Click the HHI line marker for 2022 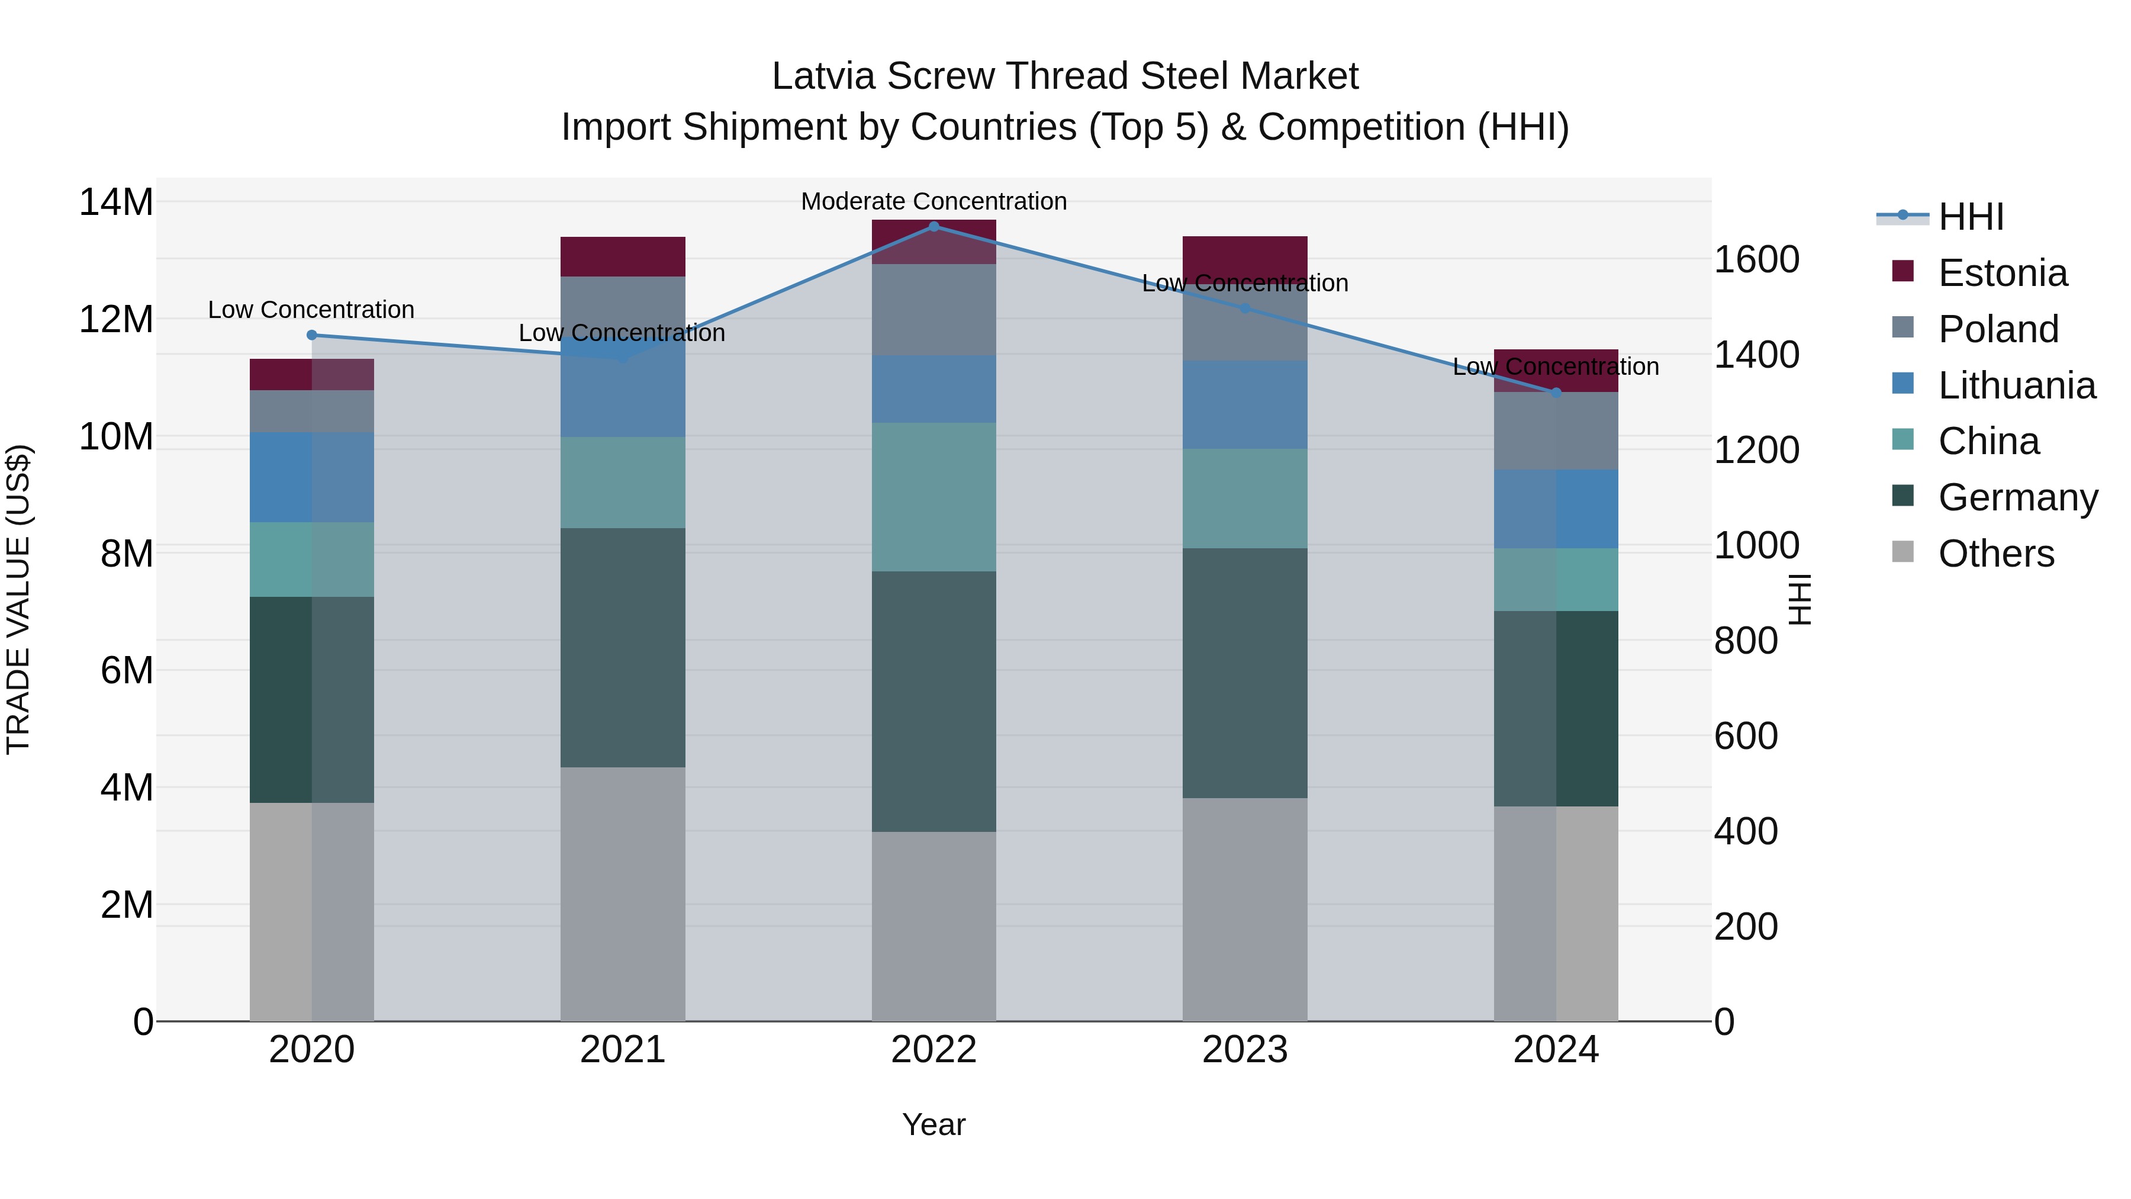click(x=934, y=226)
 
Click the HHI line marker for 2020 click(x=312, y=335)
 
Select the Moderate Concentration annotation click(x=934, y=201)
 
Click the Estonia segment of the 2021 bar click(x=623, y=256)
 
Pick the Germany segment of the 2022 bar click(x=934, y=701)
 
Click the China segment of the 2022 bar click(x=934, y=497)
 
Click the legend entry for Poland click(x=1998, y=329)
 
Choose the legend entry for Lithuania click(x=2016, y=385)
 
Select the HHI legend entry click(x=1971, y=217)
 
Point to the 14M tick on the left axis click(x=116, y=202)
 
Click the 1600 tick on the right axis click(x=1756, y=260)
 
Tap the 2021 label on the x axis click(x=623, y=1050)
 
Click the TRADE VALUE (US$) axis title click(x=18, y=599)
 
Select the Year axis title click(x=934, y=1124)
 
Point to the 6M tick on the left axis click(x=127, y=670)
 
